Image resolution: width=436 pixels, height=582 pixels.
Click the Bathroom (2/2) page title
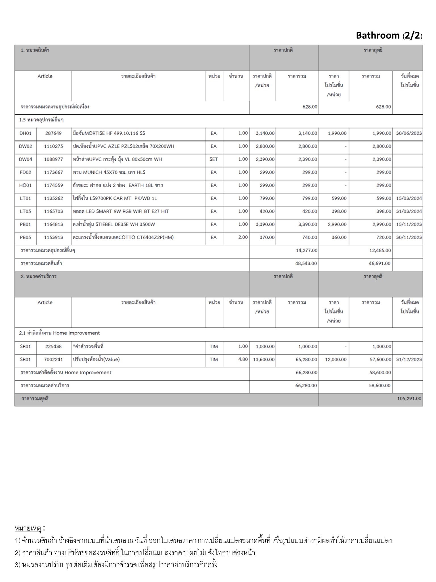[x=389, y=36]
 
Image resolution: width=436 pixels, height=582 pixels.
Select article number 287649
[x=53, y=133]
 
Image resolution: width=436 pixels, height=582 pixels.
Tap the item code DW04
[x=26, y=159]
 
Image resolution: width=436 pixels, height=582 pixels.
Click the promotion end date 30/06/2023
[x=409, y=133]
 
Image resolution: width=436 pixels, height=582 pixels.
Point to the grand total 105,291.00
[x=409, y=399]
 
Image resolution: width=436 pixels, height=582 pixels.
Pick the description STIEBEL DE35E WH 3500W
[x=114, y=225]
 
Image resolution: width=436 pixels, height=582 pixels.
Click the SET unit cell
[x=213, y=159]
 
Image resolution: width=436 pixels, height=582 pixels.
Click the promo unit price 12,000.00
[x=336, y=359]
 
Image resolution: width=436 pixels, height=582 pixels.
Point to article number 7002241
[x=53, y=359]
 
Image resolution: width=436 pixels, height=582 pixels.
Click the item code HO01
[x=26, y=186]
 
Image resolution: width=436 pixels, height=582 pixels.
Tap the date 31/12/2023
[x=409, y=359]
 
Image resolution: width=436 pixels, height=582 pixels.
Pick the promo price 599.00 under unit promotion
[x=339, y=198]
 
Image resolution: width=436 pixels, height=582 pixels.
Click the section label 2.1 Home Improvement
[x=60, y=333]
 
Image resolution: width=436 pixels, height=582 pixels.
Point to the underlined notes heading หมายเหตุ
[x=28, y=528]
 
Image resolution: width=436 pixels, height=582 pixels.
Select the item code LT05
[x=26, y=211]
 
